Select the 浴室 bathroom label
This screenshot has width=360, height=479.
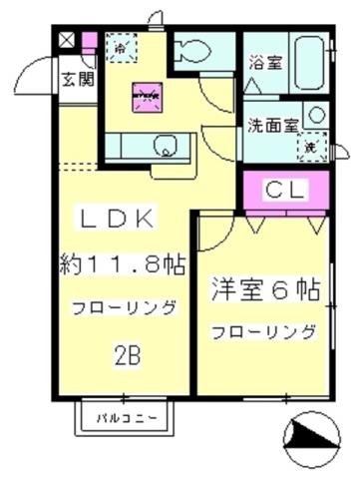point(263,61)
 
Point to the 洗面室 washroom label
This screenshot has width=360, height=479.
point(270,126)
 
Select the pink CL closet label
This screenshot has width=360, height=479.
point(284,189)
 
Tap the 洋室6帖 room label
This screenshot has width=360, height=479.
point(264,290)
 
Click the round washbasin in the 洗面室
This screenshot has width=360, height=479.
point(315,115)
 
